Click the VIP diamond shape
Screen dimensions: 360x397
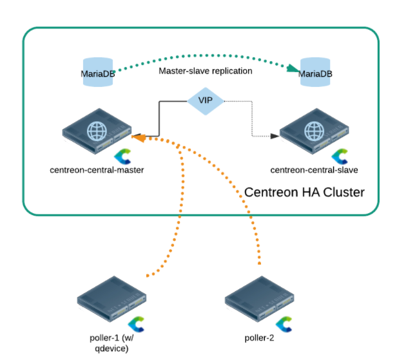(204, 100)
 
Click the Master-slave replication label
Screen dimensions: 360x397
(205, 70)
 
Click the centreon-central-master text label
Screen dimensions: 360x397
(97, 170)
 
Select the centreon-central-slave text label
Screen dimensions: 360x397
(314, 170)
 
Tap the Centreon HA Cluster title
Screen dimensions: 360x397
(305, 192)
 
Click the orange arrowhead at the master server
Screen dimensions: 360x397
(136, 137)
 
